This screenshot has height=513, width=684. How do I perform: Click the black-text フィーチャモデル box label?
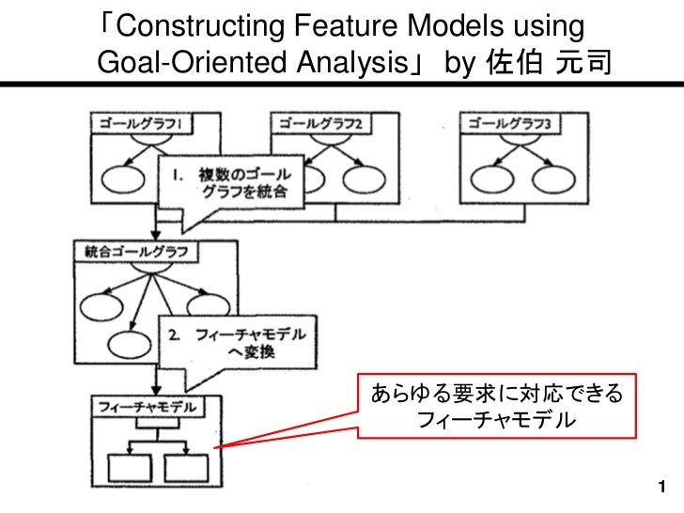148,407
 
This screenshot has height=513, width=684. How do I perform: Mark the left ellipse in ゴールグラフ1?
121,179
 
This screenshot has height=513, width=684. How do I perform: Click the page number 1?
663,487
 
